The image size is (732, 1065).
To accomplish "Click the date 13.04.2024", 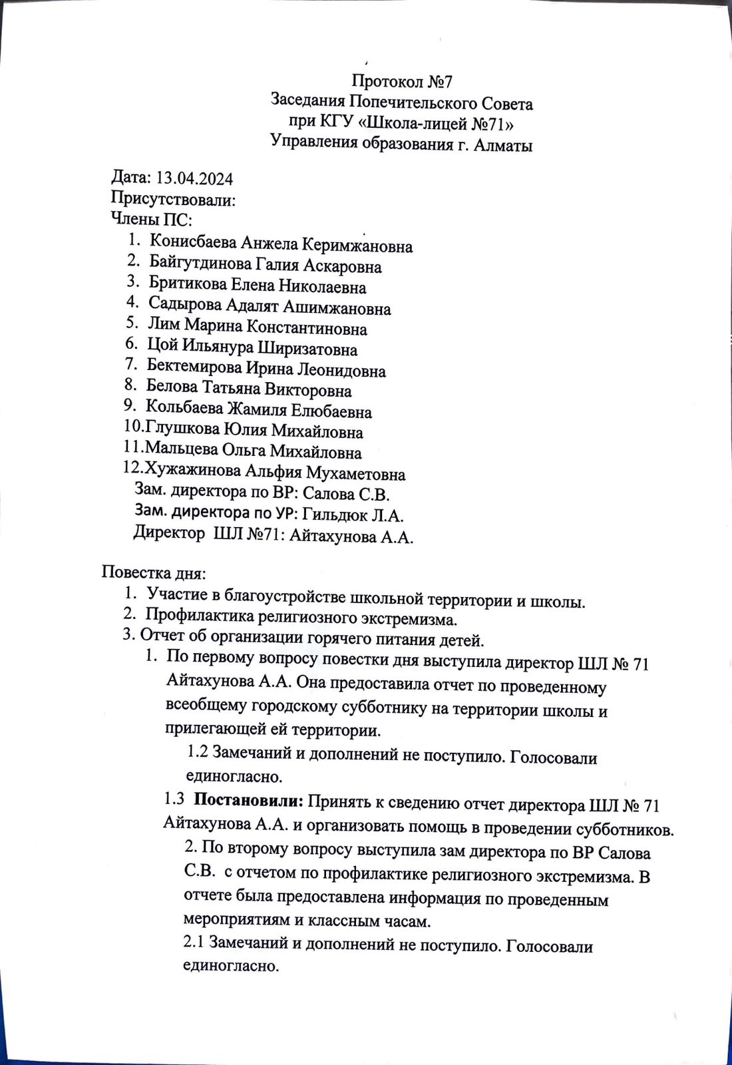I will [194, 178].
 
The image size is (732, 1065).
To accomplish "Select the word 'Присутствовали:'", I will [173, 199].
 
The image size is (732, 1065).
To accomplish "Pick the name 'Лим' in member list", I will [164, 327].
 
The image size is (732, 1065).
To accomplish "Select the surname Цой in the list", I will [162, 347].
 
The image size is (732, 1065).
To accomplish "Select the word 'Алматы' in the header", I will [503, 144].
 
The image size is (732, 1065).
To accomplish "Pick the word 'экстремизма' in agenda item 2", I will [411, 620].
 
